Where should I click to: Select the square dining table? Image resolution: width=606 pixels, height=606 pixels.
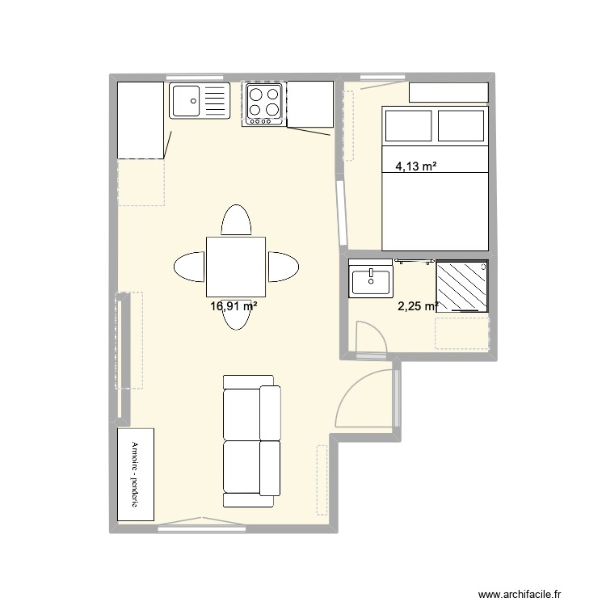point(235,267)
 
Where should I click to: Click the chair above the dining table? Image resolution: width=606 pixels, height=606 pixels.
point(236,221)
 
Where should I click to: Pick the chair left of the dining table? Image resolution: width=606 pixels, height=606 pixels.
point(189,267)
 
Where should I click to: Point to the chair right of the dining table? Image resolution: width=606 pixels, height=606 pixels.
point(284,267)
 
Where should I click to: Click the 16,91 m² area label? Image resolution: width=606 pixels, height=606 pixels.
point(234,306)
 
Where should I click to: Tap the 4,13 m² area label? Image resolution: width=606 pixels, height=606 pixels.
point(416,167)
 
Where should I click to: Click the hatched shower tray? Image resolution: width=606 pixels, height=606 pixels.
point(461,286)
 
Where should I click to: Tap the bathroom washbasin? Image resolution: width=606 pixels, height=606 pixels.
point(370,281)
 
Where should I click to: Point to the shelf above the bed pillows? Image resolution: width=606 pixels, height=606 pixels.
point(448,93)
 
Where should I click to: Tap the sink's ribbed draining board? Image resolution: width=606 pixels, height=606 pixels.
point(216,101)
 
